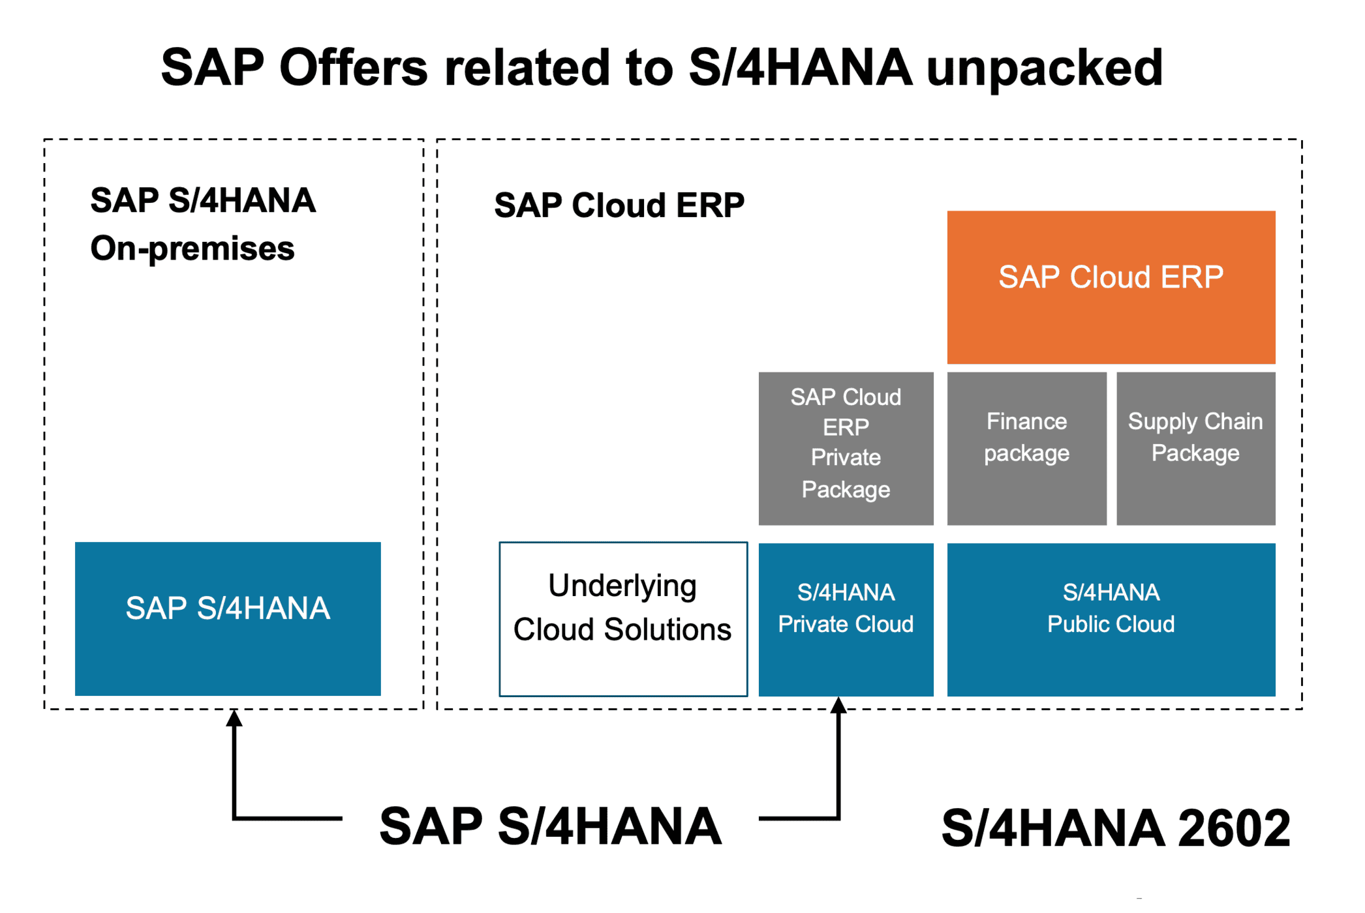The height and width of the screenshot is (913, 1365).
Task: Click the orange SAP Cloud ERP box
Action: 1111,287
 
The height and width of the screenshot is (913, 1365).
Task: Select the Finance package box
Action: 1026,448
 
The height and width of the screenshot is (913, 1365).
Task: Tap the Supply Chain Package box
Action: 1195,448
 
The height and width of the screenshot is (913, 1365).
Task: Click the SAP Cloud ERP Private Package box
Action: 846,448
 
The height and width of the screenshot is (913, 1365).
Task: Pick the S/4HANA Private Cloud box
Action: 846,619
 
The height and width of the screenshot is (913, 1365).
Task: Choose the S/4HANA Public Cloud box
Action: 1111,619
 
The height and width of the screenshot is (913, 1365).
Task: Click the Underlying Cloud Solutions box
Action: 623,619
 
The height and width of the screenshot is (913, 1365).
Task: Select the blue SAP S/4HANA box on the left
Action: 228,618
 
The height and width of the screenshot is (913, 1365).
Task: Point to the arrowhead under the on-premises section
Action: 234,719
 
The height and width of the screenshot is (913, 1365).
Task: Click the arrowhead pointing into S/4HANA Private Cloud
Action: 838,706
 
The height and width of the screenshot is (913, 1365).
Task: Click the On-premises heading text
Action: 192,249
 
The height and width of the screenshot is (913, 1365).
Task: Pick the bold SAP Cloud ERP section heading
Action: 619,205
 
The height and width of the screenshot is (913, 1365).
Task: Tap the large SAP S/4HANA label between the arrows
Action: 550,826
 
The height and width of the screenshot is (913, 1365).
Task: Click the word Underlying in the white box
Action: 622,586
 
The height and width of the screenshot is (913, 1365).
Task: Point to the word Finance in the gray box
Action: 1026,421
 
